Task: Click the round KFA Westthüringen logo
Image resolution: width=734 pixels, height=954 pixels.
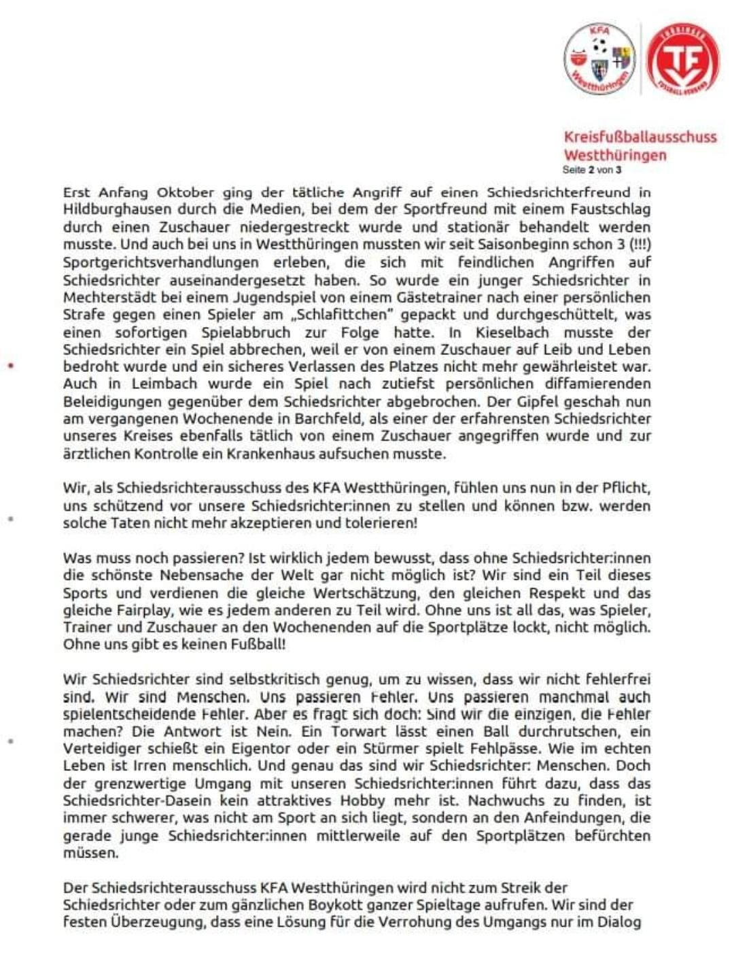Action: (599, 60)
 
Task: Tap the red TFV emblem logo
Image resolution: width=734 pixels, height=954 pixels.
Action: (682, 60)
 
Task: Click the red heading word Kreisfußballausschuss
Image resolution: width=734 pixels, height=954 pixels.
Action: (640, 137)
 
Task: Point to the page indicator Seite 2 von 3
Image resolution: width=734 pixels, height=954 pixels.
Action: (591, 169)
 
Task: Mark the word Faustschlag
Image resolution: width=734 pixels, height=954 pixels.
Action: (611, 209)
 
